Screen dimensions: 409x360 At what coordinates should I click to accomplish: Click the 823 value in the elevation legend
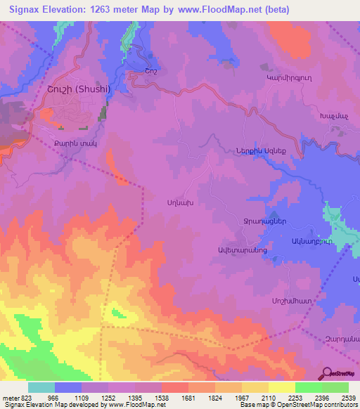tap(19, 398)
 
